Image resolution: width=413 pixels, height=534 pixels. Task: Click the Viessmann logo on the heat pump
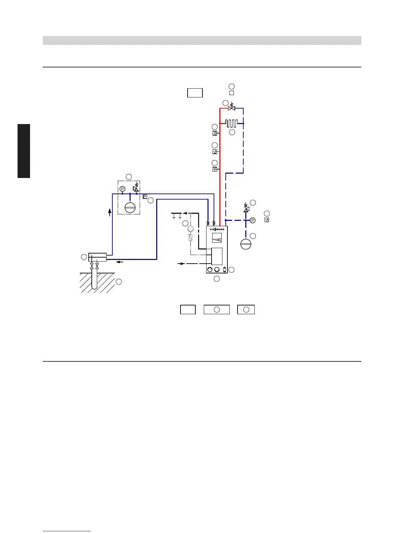pyautogui.click(x=217, y=230)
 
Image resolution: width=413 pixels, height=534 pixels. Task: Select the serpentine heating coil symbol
pyautogui.click(x=232, y=123)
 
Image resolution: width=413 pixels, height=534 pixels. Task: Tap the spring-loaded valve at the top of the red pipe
pyautogui.click(x=231, y=108)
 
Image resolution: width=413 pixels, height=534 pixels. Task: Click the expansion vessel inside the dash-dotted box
pyautogui.click(x=130, y=207)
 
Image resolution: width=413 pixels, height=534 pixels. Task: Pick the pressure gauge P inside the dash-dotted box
pyautogui.click(x=122, y=189)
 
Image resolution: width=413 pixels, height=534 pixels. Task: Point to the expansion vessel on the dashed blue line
pyautogui.click(x=246, y=244)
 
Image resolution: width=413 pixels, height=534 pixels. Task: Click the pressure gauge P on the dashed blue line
pyautogui.click(x=252, y=220)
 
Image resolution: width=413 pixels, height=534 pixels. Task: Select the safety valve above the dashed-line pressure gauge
pyautogui.click(x=246, y=209)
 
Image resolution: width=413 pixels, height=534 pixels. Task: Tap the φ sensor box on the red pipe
pyautogui.click(x=215, y=169)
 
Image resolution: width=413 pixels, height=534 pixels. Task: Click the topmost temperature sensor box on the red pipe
pyautogui.click(x=215, y=133)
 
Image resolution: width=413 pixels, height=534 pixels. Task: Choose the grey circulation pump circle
pyautogui.click(x=191, y=229)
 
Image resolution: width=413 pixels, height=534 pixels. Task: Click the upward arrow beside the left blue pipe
pyautogui.click(x=110, y=212)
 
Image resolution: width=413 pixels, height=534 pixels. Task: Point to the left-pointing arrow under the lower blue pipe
pyautogui.click(x=118, y=262)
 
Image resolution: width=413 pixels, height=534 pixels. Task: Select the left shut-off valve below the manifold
pyautogui.click(x=92, y=266)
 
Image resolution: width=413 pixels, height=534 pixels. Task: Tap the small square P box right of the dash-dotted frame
pyautogui.click(x=145, y=197)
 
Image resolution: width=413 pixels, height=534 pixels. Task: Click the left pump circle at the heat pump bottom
pyautogui.click(x=210, y=270)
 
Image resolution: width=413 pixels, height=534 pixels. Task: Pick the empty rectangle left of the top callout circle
pyautogui.click(x=195, y=93)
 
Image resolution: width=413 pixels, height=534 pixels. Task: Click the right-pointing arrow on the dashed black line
pyautogui.click(x=182, y=264)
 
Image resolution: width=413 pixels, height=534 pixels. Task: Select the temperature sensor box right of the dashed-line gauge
pyautogui.click(x=267, y=220)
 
